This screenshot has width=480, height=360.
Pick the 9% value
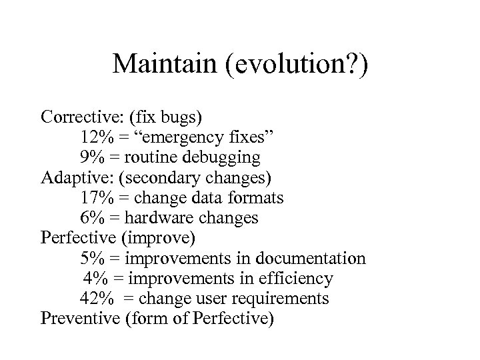[x=90, y=157]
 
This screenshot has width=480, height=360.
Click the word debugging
[x=225, y=159]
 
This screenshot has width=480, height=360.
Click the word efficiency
[x=295, y=278]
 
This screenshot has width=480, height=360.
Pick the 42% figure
[x=95, y=297]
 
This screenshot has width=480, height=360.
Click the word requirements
[x=283, y=298]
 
